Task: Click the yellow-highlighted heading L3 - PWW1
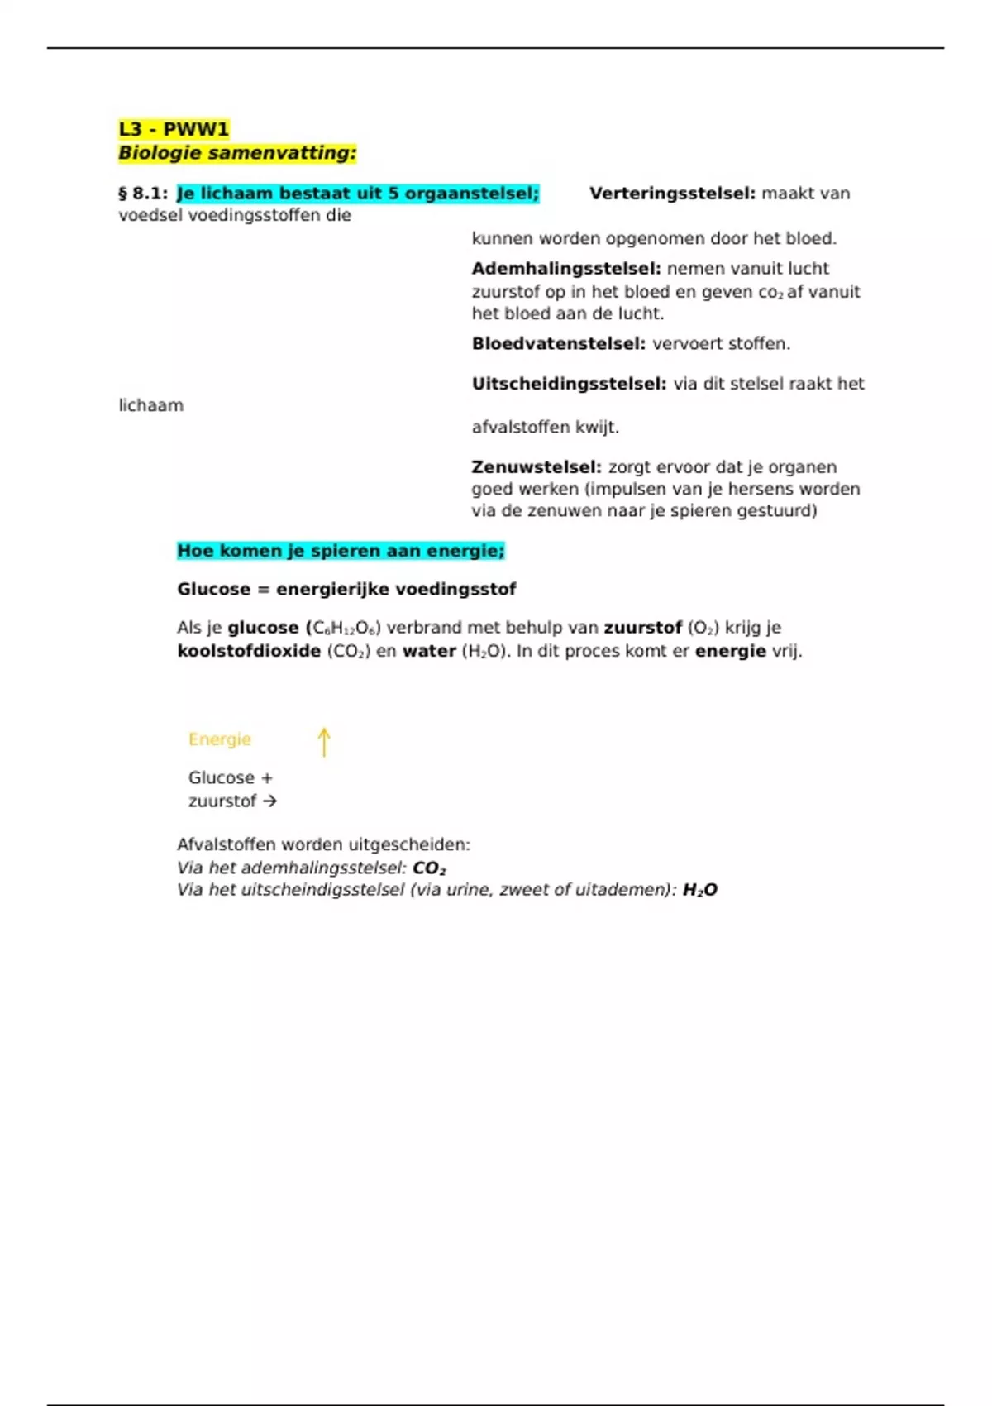174,129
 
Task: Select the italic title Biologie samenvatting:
237,153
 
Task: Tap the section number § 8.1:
143,194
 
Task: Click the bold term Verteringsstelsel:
672,194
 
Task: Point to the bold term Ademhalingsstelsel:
566,269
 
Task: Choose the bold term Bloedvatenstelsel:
559,344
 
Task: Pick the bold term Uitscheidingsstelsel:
569,384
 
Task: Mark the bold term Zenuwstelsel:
537,467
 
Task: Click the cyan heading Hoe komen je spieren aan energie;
341,551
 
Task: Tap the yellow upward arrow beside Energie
324,742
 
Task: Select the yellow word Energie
220,739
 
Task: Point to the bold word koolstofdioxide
249,652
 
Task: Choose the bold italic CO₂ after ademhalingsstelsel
429,868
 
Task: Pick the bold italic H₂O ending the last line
700,890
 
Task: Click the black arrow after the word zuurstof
269,801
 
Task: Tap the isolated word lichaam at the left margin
151,406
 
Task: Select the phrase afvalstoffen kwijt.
546,428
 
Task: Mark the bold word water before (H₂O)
429,652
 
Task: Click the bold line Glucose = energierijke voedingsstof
346,590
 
